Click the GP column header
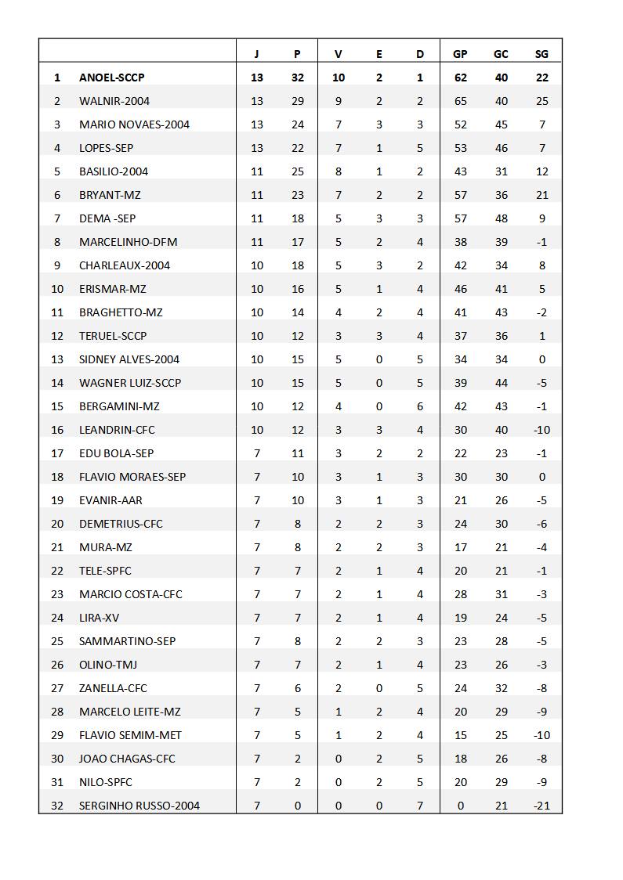pos(460,54)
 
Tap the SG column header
pos(542,54)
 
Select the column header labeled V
pos(338,54)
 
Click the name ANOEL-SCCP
pos(111,78)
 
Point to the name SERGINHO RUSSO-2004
pos(139,806)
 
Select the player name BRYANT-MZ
pos(110,195)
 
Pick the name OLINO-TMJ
pos(108,665)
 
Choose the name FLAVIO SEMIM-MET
pos(130,735)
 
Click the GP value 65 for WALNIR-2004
pos(460,101)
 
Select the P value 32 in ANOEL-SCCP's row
pos(297,78)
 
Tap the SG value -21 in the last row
pos(541,806)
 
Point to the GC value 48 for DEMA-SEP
pos(501,218)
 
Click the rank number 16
pos(57,430)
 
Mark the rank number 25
pos(57,641)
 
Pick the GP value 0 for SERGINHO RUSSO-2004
pos(460,806)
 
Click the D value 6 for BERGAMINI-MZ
pos(419,406)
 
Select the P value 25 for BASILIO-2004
pos(297,171)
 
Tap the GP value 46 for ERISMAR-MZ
pos(460,289)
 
